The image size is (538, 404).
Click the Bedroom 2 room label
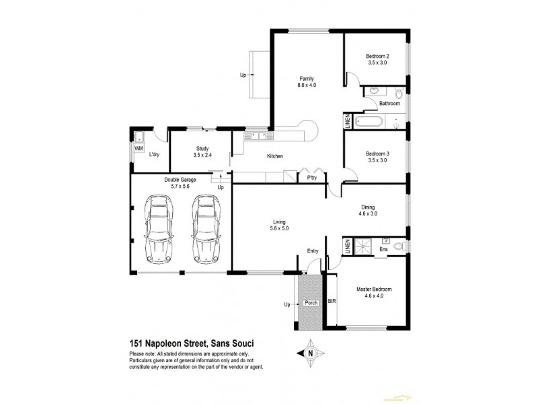click(379, 55)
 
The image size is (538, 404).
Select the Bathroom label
click(389, 104)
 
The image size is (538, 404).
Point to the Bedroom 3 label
click(378, 154)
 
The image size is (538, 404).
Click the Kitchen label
click(274, 156)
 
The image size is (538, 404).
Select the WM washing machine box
click(139, 148)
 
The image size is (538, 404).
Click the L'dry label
click(154, 156)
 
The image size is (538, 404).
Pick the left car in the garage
click(159, 229)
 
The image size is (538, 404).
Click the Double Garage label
click(179, 180)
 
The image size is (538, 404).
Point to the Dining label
click(367, 207)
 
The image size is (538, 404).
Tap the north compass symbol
click(311, 352)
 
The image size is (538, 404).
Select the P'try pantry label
click(311, 178)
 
